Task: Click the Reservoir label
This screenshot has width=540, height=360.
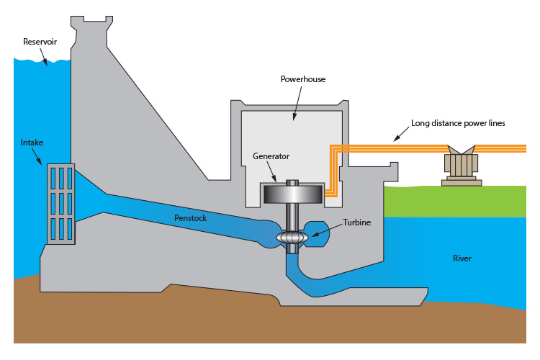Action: pyautogui.click(x=40, y=42)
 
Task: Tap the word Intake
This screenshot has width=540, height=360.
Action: pyautogui.click(x=32, y=143)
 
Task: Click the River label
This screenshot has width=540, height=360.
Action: pyautogui.click(x=462, y=258)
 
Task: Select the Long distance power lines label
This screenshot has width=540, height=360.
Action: pyautogui.click(x=458, y=123)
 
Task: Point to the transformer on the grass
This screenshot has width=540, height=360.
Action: pyautogui.click(x=462, y=166)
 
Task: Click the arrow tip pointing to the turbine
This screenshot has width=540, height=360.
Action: pyautogui.click(x=312, y=235)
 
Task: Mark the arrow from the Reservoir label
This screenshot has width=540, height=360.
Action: pyautogui.click(x=46, y=58)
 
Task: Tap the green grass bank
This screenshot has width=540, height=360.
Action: pyautogui.click(x=461, y=201)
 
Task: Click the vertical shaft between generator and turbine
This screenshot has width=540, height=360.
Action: pyautogui.click(x=291, y=216)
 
